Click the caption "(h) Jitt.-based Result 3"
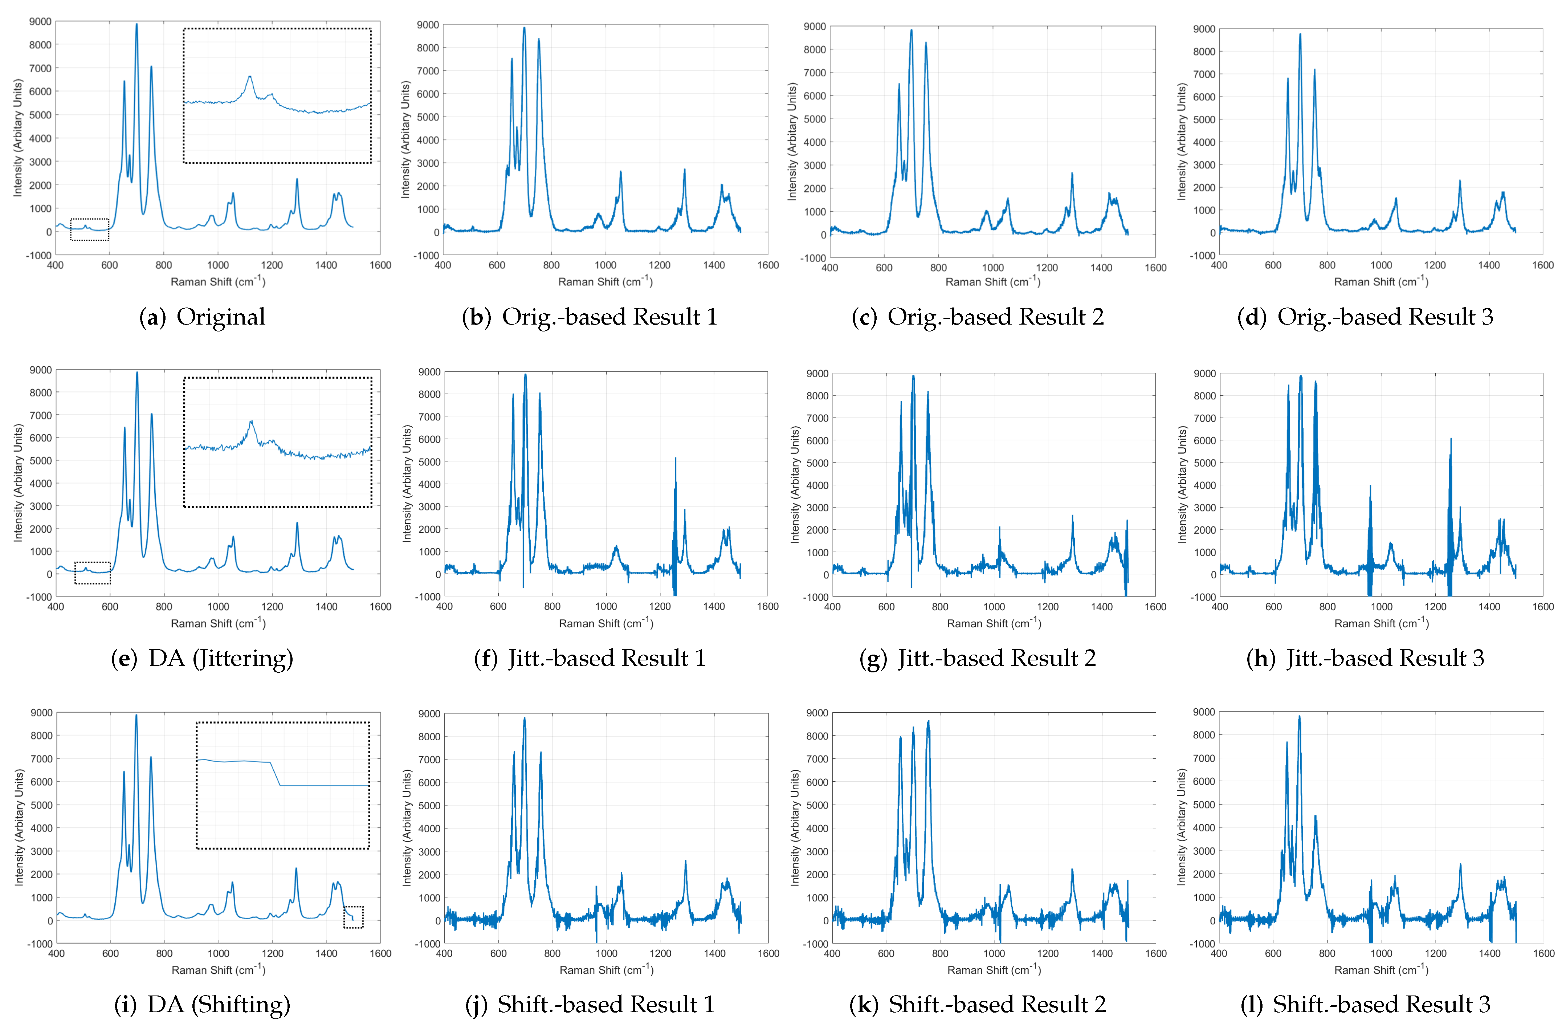point(1365,658)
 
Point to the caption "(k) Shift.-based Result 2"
point(978,1004)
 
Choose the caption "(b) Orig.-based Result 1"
point(590,317)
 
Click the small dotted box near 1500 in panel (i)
point(353,917)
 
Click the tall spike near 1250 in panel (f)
point(675,460)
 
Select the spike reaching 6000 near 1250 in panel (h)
point(1451,440)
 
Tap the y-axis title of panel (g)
point(795,484)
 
